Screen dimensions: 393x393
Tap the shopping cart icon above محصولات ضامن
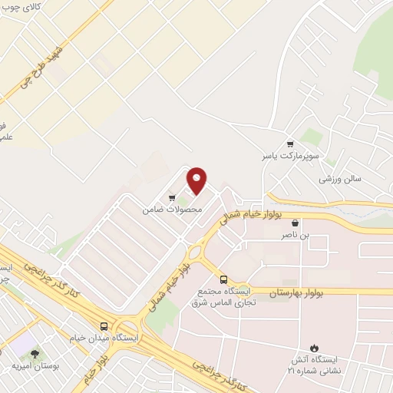tap(172, 198)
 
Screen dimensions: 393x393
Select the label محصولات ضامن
tap(173, 209)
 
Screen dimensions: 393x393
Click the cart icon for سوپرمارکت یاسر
tap(289, 144)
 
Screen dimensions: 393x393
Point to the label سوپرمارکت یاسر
tap(289, 156)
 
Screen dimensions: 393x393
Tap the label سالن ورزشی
tap(341, 178)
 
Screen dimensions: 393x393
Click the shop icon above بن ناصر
tap(296, 223)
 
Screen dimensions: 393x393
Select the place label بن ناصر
tap(296, 236)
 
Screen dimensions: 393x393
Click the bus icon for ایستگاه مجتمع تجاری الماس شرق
tap(223, 279)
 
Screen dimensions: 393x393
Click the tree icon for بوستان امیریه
tap(35, 353)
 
